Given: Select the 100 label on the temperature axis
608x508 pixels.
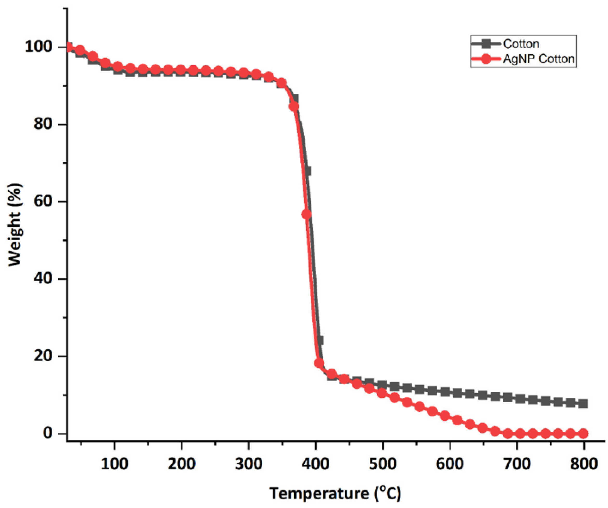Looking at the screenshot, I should tap(114, 464).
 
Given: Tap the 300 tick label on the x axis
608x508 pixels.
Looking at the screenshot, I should tap(248, 464).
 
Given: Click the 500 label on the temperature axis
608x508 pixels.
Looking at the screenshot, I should tap(382, 464).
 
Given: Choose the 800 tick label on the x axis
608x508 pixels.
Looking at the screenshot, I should tap(583, 464).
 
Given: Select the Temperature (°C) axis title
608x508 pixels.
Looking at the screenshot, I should tap(335, 494).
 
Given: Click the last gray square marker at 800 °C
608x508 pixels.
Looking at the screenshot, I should tap(583, 403).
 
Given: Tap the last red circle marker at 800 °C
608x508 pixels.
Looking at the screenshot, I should tap(583, 434).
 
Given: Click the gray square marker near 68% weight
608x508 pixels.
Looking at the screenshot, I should tap(308, 171).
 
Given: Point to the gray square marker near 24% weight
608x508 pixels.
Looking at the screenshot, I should tap(320, 340).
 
